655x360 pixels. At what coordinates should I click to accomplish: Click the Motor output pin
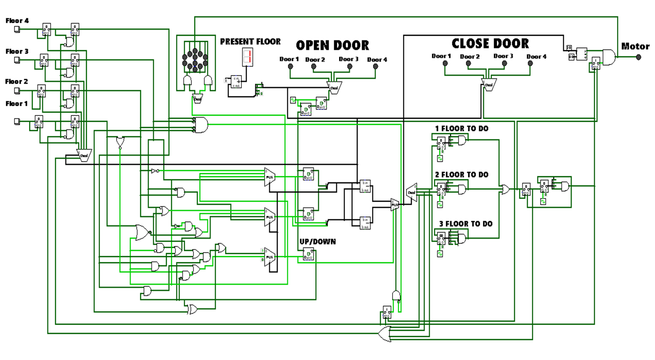(x=638, y=57)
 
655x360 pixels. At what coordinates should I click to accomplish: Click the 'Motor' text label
(x=635, y=46)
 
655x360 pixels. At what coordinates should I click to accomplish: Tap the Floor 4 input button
(x=17, y=29)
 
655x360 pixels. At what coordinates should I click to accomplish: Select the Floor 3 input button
(x=17, y=60)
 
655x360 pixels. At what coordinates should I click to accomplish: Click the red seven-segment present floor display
(x=248, y=57)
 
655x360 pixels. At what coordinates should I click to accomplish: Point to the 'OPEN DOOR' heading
(x=332, y=45)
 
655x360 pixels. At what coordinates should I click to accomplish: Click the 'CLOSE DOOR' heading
(x=490, y=44)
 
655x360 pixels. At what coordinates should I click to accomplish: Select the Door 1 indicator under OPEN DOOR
(x=290, y=67)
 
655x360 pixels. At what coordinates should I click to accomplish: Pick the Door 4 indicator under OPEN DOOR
(x=376, y=67)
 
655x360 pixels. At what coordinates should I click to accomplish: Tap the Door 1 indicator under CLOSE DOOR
(x=445, y=63)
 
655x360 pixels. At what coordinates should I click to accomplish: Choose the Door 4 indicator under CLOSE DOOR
(x=530, y=63)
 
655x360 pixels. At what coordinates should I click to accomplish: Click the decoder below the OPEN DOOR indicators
(x=334, y=88)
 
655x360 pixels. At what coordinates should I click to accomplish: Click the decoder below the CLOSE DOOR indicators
(x=489, y=85)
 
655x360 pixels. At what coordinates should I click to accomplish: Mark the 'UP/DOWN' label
(x=317, y=242)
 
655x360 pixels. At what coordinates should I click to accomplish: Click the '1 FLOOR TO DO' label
(x=462, y=129)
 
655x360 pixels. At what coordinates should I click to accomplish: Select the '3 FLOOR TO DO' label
(x=465, y=224)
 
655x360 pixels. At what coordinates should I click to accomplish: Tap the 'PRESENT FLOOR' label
(x=250, y=41)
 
